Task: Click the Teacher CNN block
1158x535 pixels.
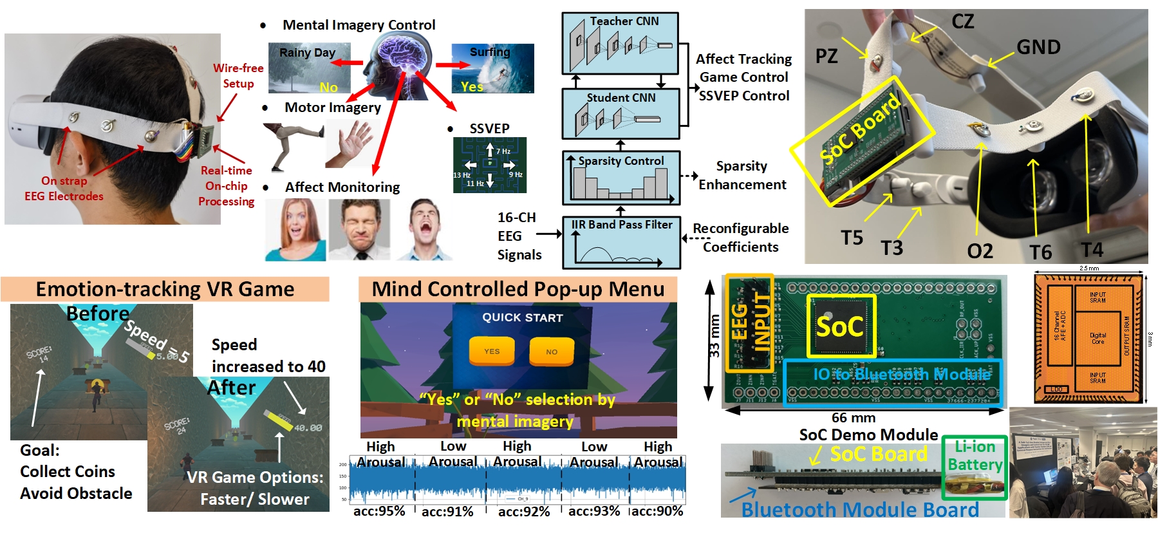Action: pos(621,43)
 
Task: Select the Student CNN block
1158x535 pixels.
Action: pos(621,114)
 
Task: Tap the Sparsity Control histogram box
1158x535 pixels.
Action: pos(621,178)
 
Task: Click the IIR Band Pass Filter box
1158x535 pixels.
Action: pos(621,243)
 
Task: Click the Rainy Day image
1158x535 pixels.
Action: pos(309,68)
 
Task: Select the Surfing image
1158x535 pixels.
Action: pos(492,68)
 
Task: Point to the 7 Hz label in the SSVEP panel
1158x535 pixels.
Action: pos(503,151)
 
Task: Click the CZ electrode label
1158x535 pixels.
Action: pos(963,22)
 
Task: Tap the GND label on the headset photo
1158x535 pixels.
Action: pos(1038,47)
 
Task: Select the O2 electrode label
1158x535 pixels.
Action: pos(980,251)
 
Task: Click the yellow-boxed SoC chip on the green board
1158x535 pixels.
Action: pos(841,326)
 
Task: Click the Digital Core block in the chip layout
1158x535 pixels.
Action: pos(1097,338)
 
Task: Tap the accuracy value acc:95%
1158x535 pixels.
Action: pos(379,511)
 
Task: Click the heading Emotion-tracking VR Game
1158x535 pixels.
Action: pos(165,289)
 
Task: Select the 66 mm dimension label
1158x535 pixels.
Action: pos(853,418)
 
